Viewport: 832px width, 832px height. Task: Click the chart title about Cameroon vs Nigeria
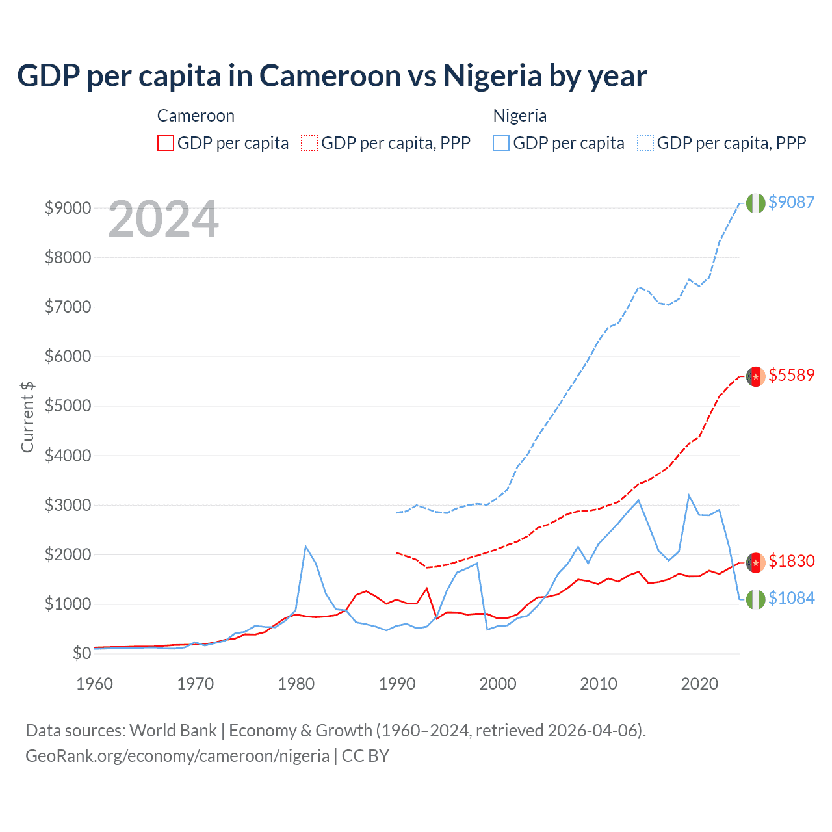click(x=331, y=76)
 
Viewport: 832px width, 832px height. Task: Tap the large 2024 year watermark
click(x=163, y=220)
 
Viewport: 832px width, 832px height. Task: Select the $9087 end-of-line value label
click(x=791, y=202)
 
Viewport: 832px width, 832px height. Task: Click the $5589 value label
click(x=791, y=375)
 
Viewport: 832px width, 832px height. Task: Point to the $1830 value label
click(x=791, y=561)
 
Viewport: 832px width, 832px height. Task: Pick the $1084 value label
click(x=791, y=598)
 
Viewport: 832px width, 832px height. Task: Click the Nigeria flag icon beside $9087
click(x=755, y=203)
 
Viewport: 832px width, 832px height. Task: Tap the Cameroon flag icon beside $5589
click(x=755, y=376)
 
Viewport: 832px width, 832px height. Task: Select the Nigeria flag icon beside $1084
click(x=755, y=599)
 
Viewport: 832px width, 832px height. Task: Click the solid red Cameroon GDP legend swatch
click(x=166, y=143)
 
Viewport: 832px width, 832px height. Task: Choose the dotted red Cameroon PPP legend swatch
click(x=309, y=143)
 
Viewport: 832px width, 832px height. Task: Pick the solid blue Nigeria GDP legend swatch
click(x=501, y=143)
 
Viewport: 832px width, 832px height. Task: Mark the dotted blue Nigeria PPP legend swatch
click(x=645, y=143)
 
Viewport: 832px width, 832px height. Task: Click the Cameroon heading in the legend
click(x=196, y=116)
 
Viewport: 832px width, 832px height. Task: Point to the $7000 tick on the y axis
click(x=68, y=307)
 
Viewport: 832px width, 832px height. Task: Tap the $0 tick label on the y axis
click(x=81, y=653)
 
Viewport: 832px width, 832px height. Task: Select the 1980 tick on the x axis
click(x=296, y=684)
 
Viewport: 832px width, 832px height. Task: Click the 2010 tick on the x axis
click(x=599, y=684)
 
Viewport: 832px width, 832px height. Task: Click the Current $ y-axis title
click(x=27, y=417)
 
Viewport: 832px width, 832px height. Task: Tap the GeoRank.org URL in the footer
click(x=177, y=756)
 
